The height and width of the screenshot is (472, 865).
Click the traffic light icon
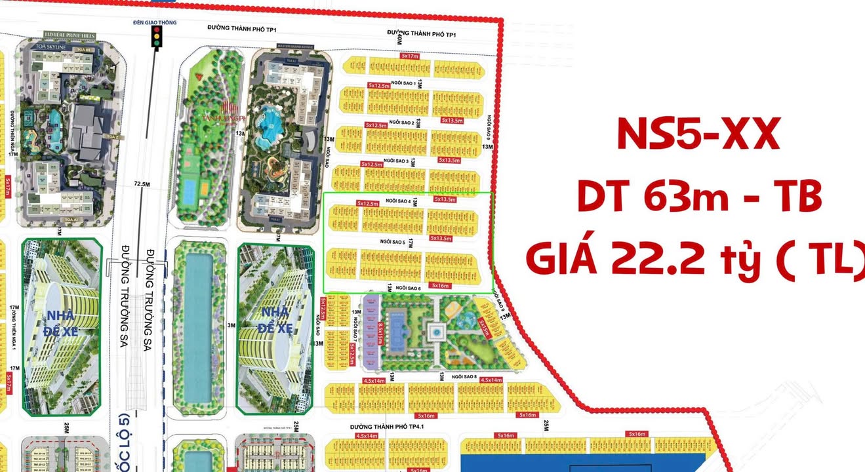pyautogui.click(x=156, y=37)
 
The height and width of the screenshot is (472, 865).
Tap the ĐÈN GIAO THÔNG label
pyautogui.click(x=155, y=20)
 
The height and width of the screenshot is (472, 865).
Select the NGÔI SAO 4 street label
pyautogui.click(x=397, y=201)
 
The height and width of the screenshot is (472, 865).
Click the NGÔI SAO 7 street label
pyautogui.click(x=356, y=330)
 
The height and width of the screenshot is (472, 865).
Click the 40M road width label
pyautogui.click(x=399, y=40)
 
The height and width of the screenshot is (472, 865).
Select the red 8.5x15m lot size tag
pyautogui.click(x=380, y=332)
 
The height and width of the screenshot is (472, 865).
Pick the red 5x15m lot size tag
pyautogui.click(x=485, y=326)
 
